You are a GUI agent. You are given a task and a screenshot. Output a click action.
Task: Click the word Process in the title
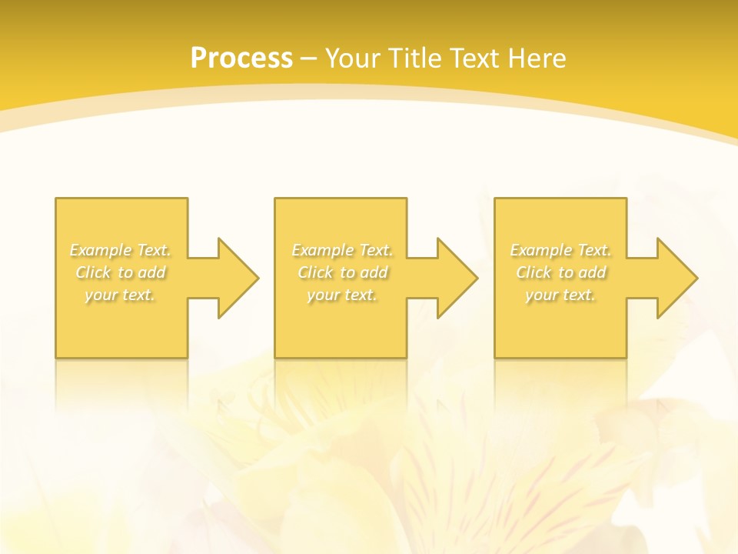(241, 58)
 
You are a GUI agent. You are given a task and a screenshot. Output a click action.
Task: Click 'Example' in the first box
(101, 250)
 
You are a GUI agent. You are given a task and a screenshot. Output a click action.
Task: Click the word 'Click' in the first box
(93, 272)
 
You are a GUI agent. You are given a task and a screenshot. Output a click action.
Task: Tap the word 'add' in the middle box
(374, 272)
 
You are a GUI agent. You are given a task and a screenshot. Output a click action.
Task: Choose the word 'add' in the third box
(592, 272)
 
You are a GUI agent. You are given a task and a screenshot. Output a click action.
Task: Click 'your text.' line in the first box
(120, 295)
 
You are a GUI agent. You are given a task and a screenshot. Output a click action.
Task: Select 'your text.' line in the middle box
(342, 295)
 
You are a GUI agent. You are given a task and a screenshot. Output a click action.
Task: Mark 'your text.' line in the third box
(560, 295)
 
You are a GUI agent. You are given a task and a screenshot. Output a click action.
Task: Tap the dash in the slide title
(309, 58)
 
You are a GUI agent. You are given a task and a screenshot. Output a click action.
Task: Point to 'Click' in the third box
(534, 272)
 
